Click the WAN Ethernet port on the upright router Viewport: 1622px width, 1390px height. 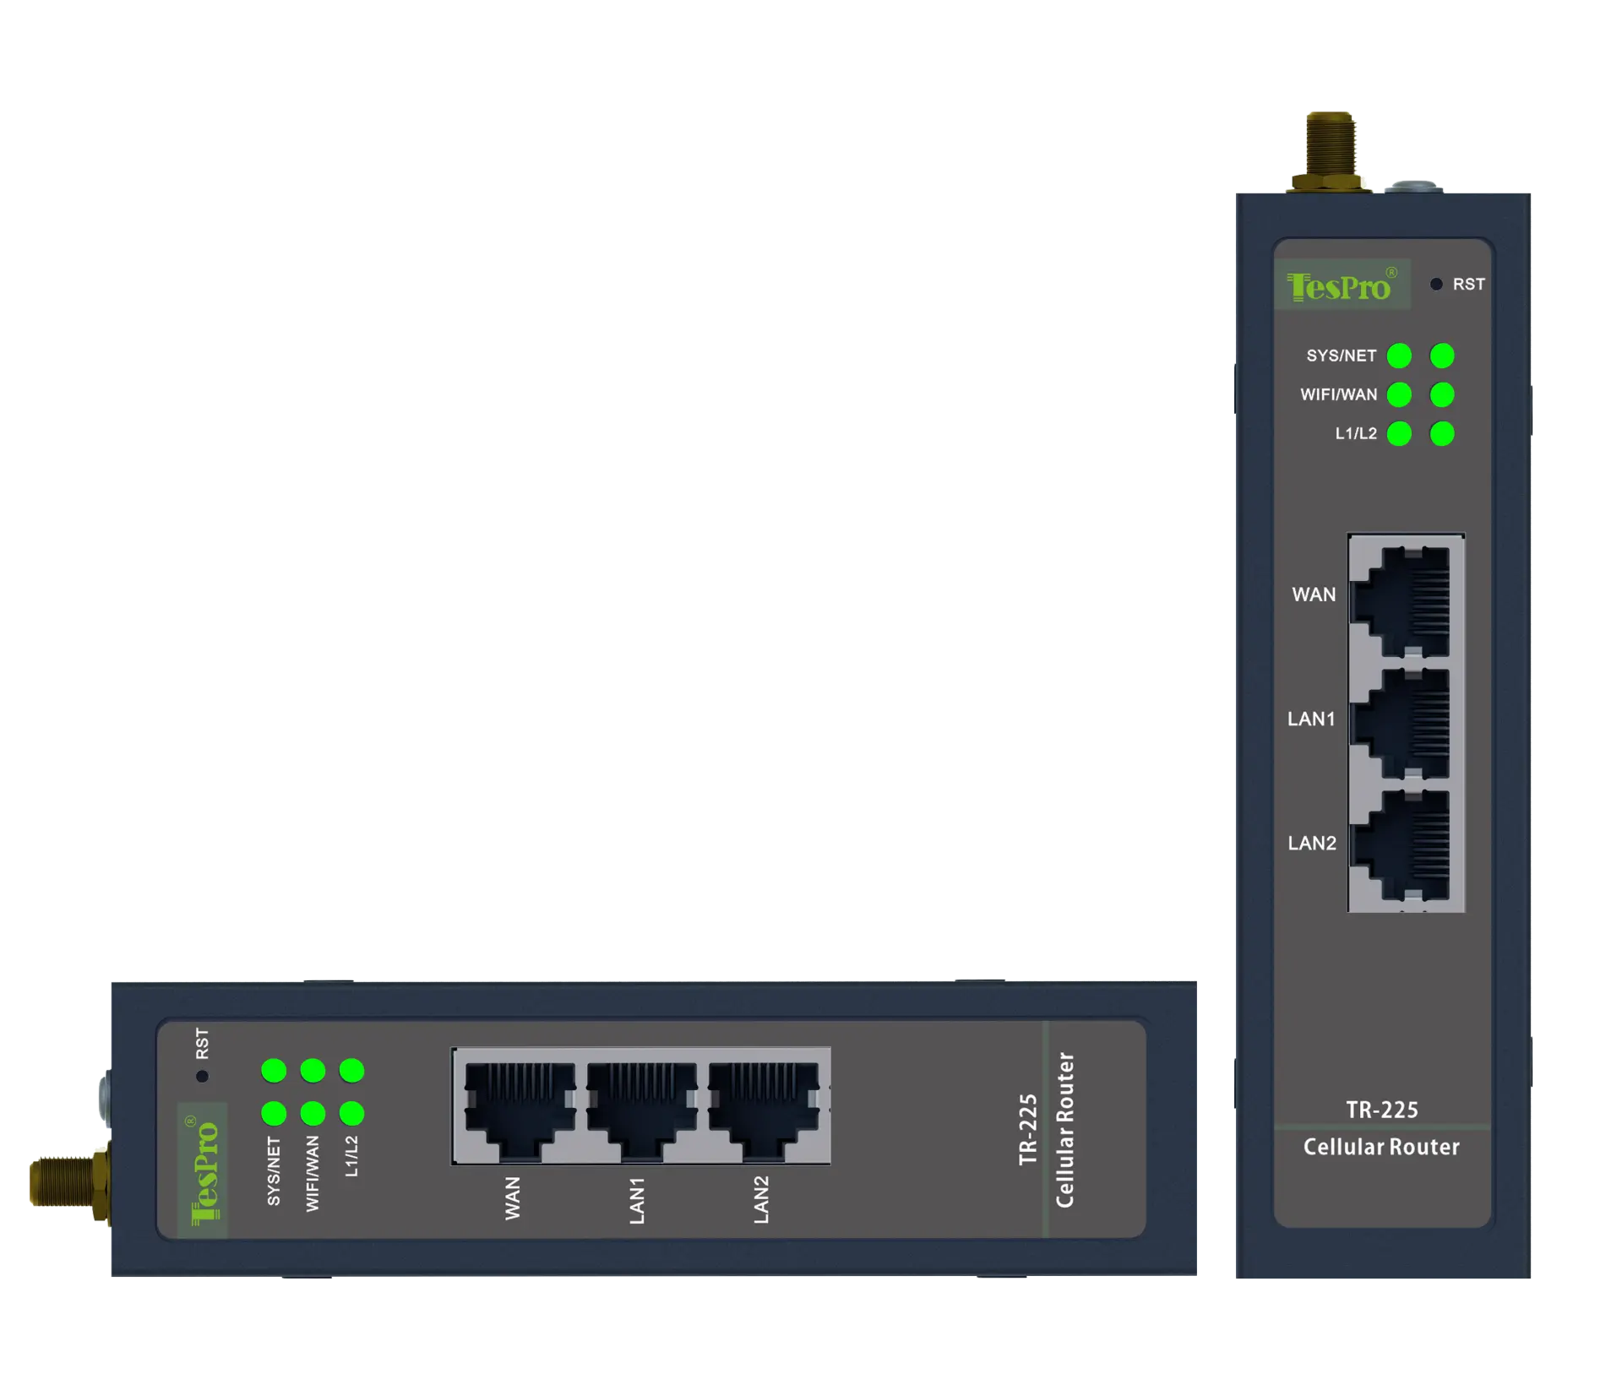point(1406,600)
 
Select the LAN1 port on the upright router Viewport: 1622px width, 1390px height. point(1406,724)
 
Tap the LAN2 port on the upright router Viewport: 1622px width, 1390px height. point(1406,845)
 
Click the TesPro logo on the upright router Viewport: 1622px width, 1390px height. point(1341,285)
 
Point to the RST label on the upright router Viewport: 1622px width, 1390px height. point(1468,285)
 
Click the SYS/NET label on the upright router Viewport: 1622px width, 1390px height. point(1341,356)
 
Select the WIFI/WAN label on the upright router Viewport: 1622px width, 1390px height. point(1338,395)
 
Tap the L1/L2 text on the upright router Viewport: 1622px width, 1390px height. point(1355,434)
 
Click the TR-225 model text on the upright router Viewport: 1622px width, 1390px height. point(1381,1110)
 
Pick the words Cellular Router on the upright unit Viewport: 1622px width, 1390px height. point(1381,1147)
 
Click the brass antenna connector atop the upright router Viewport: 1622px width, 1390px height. point(1330,150)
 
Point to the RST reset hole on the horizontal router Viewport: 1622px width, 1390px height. point(202,1076)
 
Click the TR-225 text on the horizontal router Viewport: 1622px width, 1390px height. point(1028,1129)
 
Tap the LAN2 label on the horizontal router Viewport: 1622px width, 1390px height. point(761,1199)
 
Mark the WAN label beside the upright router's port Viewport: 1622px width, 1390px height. point(1314,595)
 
